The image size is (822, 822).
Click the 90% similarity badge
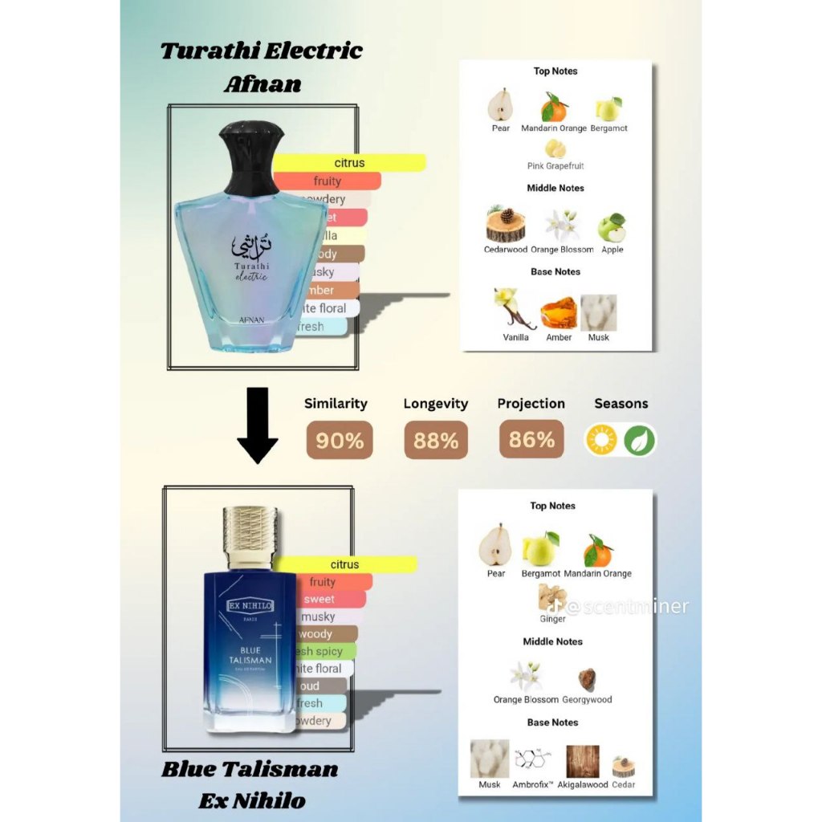[x=340, y=440]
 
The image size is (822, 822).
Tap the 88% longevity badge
[x=436, y=440]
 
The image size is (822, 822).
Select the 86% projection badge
[x=531, y=439]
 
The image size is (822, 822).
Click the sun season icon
[x=601, y=440]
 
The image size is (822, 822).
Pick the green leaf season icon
[x=640, y=440]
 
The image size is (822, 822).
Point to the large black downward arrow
[x=257, y=425]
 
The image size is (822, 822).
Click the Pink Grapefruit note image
[x=555, y=149]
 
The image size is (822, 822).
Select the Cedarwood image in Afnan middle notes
[x=506, y=225]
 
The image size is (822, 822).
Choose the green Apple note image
[x=612, y=228]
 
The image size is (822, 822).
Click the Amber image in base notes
[x=559, y=313]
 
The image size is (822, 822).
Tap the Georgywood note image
[x=587, y=679]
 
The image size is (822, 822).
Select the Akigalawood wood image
[x=582, y=761]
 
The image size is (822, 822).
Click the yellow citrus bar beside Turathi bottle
[x=349, y=163]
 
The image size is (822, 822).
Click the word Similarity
[x=336, y=404]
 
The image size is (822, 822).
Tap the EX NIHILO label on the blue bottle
[x=247, y=604]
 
